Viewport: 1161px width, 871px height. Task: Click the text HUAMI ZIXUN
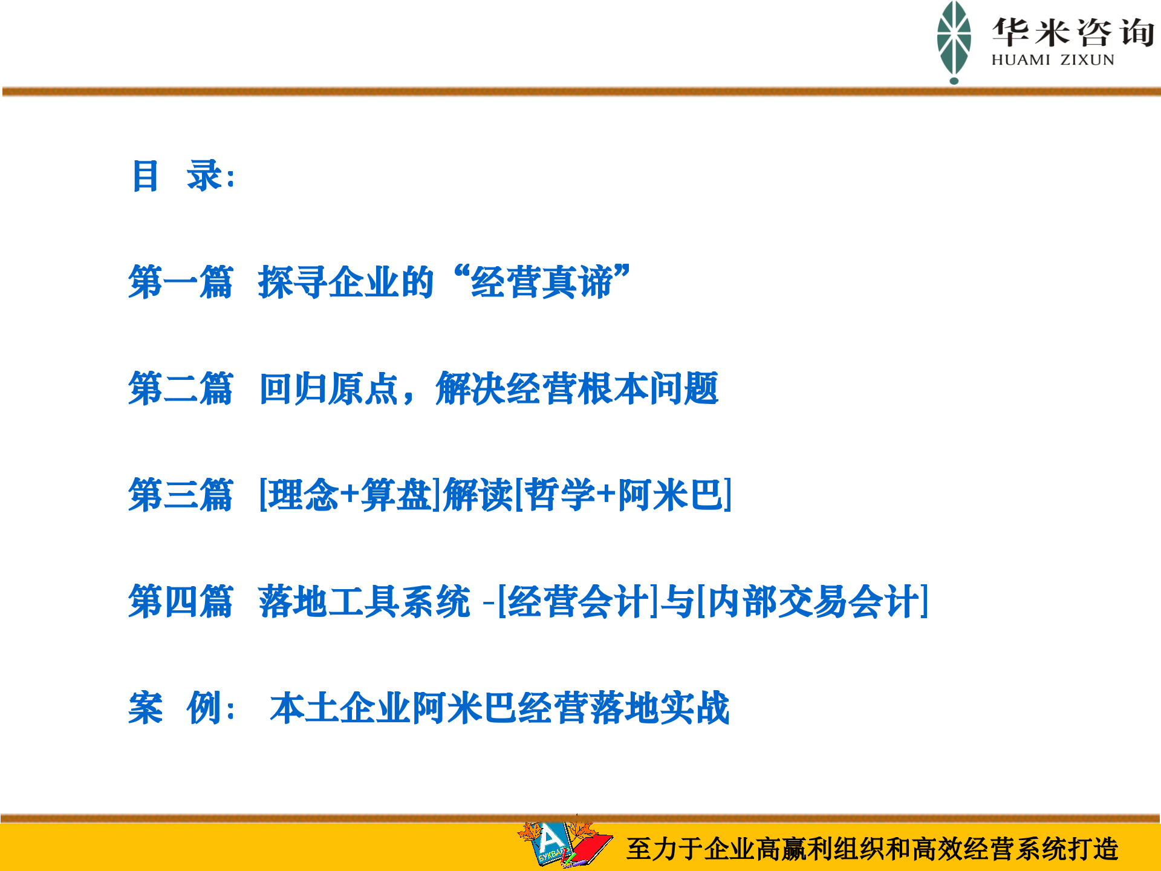tap(1052, 60)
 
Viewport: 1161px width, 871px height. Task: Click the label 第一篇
tap(180, 282)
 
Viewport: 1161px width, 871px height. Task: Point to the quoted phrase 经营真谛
tap(542, 282)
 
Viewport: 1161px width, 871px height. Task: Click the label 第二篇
tap(180, 388)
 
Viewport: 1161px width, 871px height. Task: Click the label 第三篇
tap(180, 495)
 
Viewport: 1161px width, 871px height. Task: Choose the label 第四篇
tap(180, 601)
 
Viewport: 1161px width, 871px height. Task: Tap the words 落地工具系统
tap(364, 601)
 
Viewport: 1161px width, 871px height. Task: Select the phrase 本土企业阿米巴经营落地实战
tap(499, 708)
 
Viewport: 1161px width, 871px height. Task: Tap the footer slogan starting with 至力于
tap(872, 849)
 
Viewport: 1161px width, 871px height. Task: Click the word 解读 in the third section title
tap(478, 495)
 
